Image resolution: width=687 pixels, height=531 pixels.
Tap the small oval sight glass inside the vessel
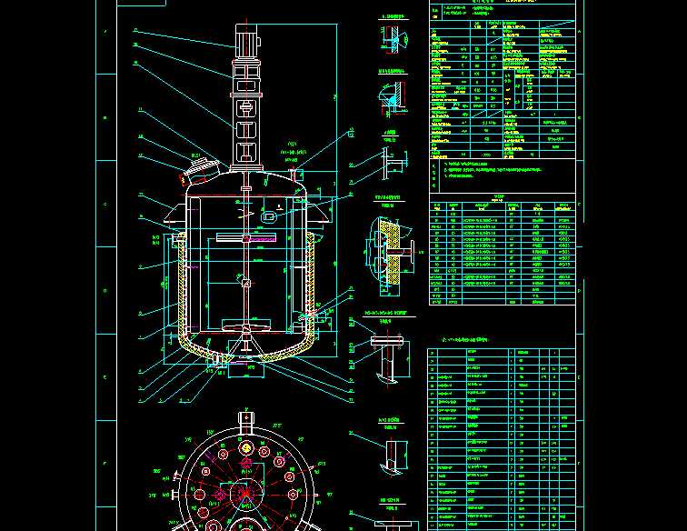pyautogui.click(x=269, y=216)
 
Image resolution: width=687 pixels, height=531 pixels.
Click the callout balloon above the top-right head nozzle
pyautogui.click(x=351, y=134)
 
